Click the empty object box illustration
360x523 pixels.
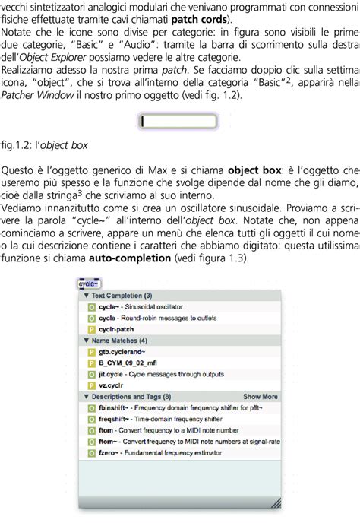point(178,121)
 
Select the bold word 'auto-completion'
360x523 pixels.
point(130,258)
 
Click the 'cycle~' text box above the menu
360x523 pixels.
point(88,284)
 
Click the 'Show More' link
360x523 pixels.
point(260,396)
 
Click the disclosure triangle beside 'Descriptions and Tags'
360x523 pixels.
point(87,396)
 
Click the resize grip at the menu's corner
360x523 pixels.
point(275,502)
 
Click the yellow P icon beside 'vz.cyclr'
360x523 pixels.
point(92,385)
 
